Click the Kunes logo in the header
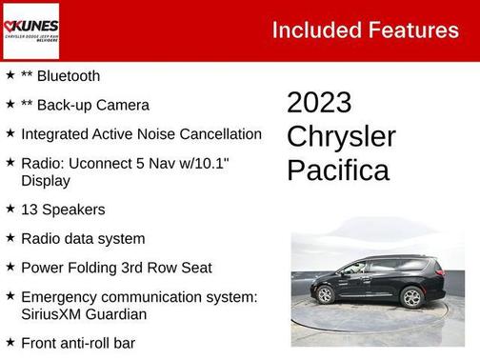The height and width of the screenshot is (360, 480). (x=30, y=30)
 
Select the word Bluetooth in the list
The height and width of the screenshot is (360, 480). (x=68, y=75)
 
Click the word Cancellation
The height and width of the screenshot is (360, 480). (x=215, y=134)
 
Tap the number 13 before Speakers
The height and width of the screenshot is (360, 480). (x=29, y=210)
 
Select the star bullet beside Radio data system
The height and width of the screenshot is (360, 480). (x=10, y=238)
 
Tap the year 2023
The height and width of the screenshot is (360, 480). (x=319, y=103)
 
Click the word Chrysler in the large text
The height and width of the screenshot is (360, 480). (x=341, y=136)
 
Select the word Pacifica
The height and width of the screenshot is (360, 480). (x=338, y=170)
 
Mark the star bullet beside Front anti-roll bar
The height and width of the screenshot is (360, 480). (x=10, y=342)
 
